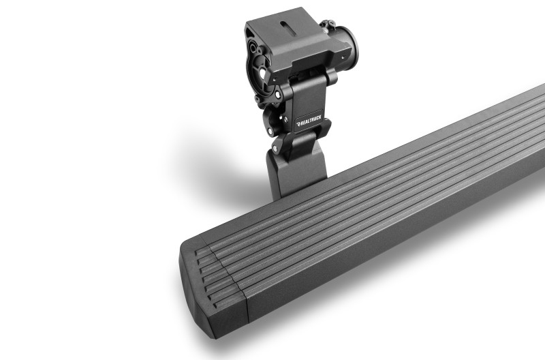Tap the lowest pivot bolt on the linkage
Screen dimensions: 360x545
pos(276,147)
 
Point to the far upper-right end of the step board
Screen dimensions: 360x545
pos(535,95)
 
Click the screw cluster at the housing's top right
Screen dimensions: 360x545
pos(330,26)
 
